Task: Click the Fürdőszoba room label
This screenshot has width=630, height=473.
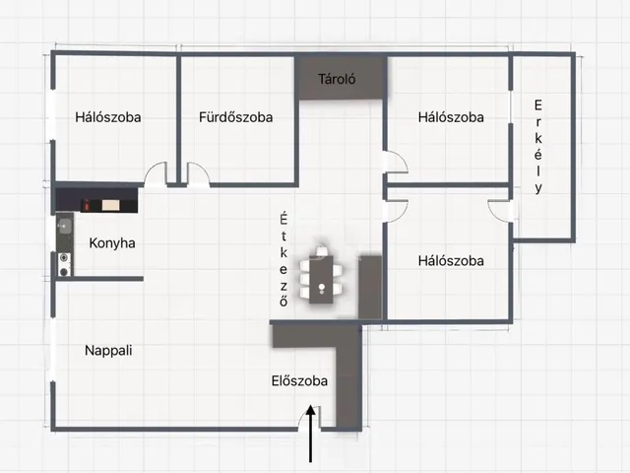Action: (235, 117)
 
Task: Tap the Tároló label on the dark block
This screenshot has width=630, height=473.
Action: (337, 79)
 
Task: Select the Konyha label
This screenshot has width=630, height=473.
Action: (112, 243)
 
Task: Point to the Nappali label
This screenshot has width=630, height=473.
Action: (108, 350)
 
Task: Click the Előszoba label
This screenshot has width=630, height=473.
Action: (299, 381)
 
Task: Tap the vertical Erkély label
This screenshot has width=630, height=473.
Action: (538, 147)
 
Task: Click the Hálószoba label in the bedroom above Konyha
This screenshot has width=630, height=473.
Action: (108, 117)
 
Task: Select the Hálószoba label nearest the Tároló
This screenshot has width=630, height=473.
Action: (451, 117)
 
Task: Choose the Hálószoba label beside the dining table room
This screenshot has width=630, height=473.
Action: (451, 261)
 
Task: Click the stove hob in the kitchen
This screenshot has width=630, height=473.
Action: (65, 262)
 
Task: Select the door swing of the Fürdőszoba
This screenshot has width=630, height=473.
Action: (198, 174)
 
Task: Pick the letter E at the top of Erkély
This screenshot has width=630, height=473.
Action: (538, 105)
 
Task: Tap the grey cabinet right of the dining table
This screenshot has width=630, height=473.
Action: (370, 287)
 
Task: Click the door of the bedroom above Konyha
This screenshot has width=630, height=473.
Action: (156, 174)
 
